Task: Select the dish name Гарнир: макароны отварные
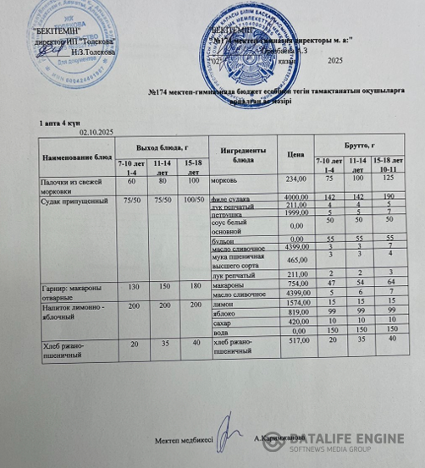click(67, 292)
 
